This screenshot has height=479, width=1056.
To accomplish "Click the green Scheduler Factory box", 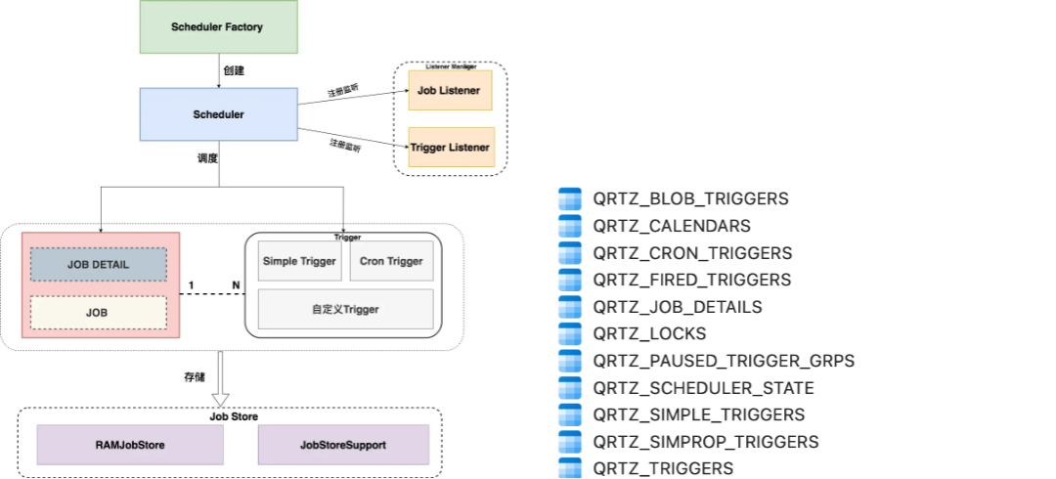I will click(217, 27).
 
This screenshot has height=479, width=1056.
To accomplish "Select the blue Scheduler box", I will click(218, 114).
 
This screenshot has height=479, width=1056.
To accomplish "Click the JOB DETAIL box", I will click(98, 264).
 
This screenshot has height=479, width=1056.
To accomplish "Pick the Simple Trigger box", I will click(299, 261).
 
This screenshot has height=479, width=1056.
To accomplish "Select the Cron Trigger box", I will click(391, 261).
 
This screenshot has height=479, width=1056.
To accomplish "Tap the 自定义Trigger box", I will click(345, 309).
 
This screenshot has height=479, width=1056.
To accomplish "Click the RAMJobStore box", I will click(130, 445).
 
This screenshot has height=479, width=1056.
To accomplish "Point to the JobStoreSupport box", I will click(343, 445).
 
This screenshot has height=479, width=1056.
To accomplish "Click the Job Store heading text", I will click(234, 416).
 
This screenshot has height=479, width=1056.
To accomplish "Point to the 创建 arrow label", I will click(233, 70).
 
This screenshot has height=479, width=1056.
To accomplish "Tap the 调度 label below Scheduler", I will click(207, 157).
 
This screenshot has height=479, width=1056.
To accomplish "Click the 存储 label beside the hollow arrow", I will click(195, 375).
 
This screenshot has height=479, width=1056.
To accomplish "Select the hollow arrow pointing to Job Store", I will click(221, 381).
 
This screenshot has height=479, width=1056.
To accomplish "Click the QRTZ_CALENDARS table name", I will click(672, 226).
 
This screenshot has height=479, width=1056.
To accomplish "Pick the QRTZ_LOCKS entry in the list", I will click(649, 333).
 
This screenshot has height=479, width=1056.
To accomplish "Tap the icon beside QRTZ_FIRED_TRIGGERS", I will click(569, 280).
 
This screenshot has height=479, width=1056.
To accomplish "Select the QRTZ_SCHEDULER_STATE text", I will click(703, 388).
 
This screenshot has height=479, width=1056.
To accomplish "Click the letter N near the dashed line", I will click(236, 285).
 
